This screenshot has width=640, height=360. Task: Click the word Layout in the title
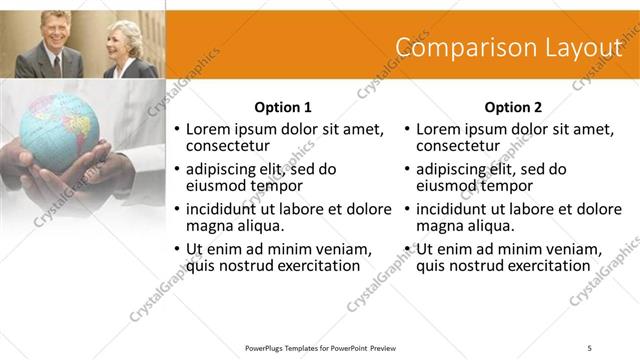pos(581,47)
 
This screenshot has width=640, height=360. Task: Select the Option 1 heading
pos(283,107)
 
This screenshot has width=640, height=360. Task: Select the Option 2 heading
pos(513,107)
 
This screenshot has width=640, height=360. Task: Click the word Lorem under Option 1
pos(209,129)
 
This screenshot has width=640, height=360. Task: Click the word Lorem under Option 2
pos(439,129)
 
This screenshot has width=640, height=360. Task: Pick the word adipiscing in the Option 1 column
pos(225,169)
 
